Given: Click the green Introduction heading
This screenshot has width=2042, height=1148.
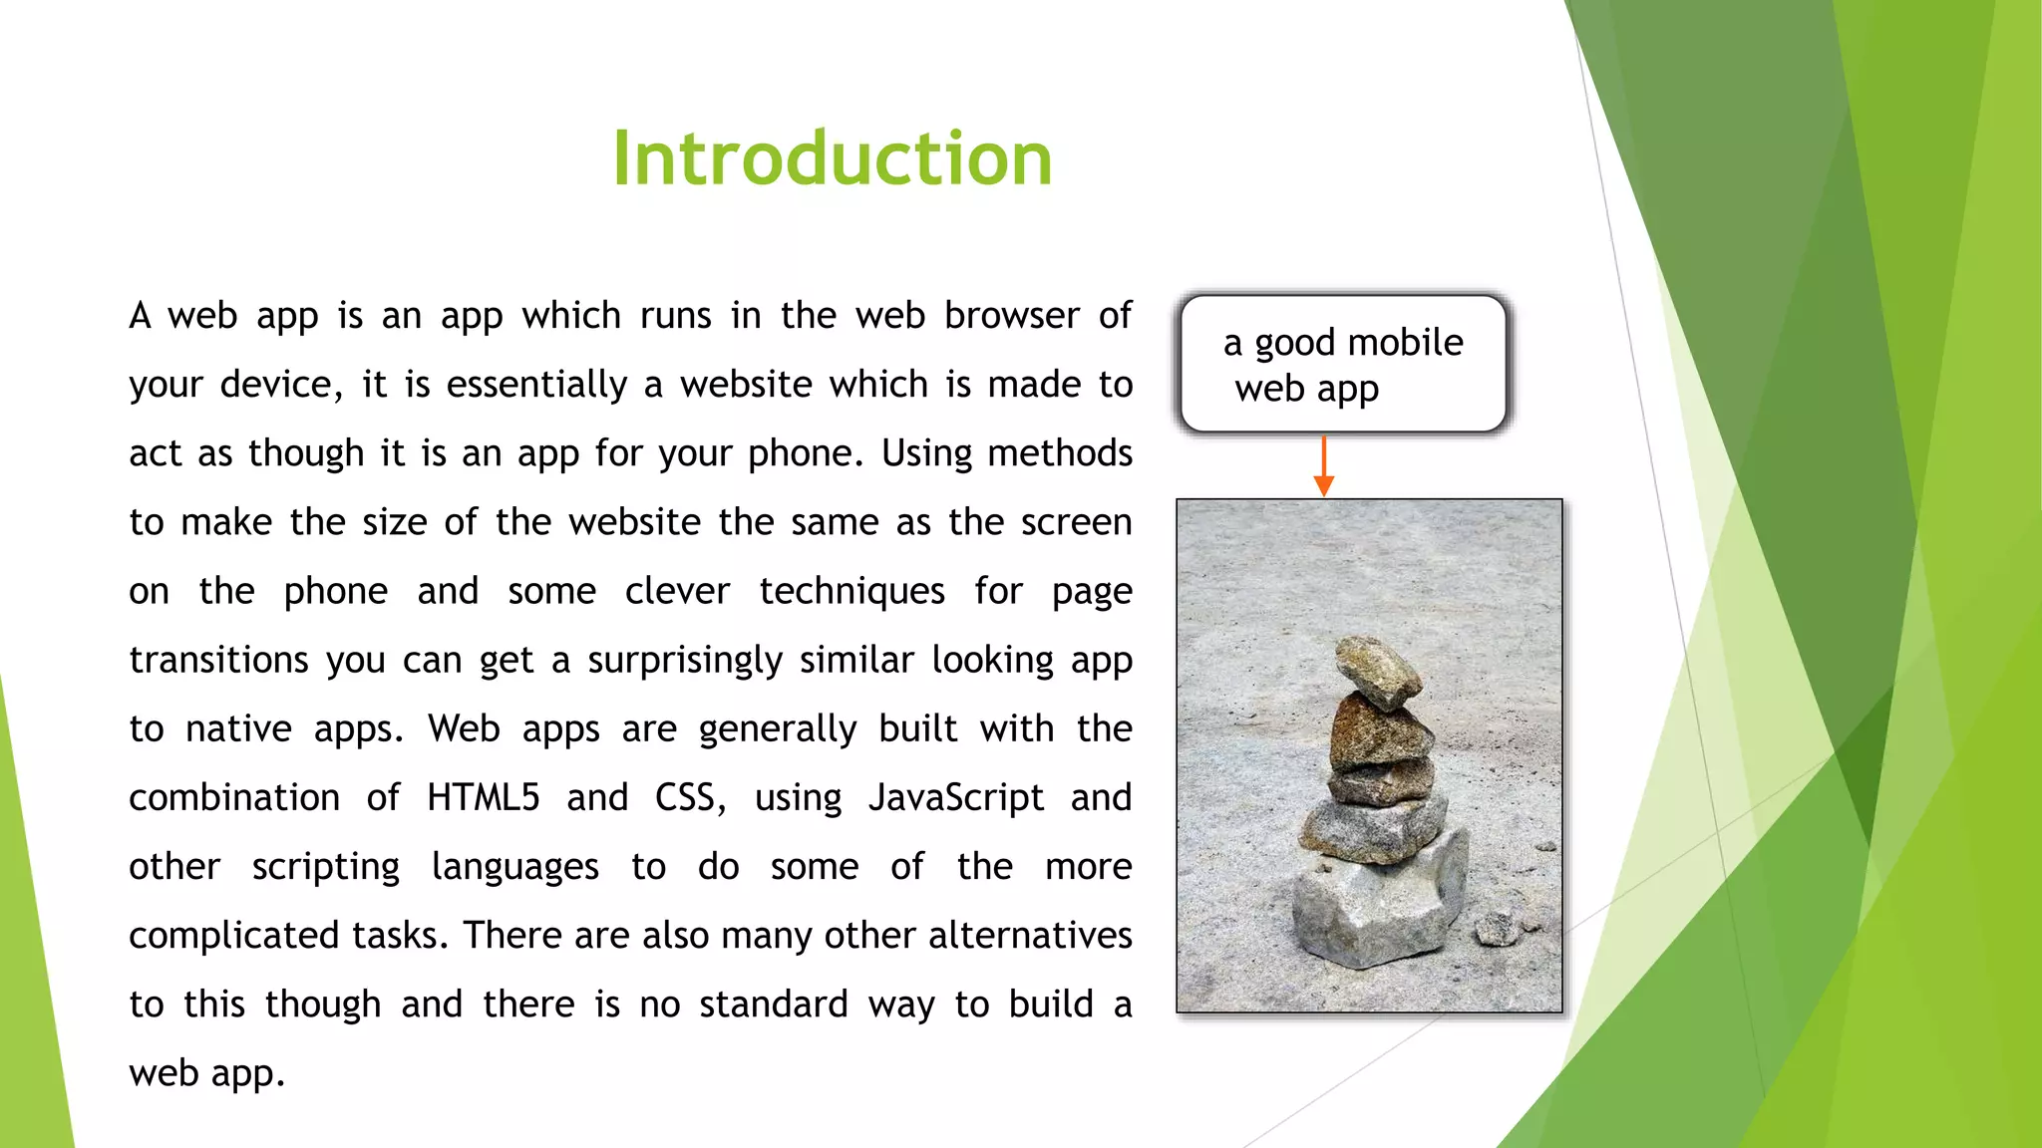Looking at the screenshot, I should [x=832, y=158].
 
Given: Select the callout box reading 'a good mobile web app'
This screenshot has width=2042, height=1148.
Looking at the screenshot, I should [x=1342, y=365].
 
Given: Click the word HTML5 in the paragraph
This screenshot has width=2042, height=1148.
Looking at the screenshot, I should [x=484, y=797].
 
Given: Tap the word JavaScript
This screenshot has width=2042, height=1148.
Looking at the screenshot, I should [x=955, y=797].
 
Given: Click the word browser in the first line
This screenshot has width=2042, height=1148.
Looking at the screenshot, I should [x=1011, y=316].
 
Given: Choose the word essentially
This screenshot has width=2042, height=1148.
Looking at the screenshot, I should [x=536, y=385].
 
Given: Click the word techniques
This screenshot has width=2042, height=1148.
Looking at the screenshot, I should [x=851, y=592].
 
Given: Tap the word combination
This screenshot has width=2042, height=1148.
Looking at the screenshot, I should [x=234, y=797].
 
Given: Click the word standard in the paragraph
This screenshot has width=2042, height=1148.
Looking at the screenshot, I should [x=773, y=1004].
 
